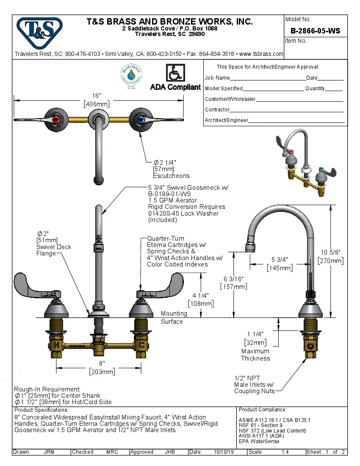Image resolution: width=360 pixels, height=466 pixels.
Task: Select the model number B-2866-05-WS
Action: (315, 31)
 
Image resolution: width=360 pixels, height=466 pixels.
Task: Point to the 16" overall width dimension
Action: (97, 96)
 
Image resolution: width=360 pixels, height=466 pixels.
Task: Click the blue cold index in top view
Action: (141, 120)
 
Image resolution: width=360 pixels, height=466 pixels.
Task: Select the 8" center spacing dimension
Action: (102, 363)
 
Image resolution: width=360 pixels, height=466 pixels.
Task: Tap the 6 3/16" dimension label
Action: (234, 279)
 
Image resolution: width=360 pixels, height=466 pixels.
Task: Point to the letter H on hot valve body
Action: (56, 345)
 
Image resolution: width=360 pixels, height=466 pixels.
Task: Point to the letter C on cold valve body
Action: (141, 345)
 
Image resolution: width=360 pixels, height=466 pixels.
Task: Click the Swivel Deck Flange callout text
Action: (54, 247)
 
